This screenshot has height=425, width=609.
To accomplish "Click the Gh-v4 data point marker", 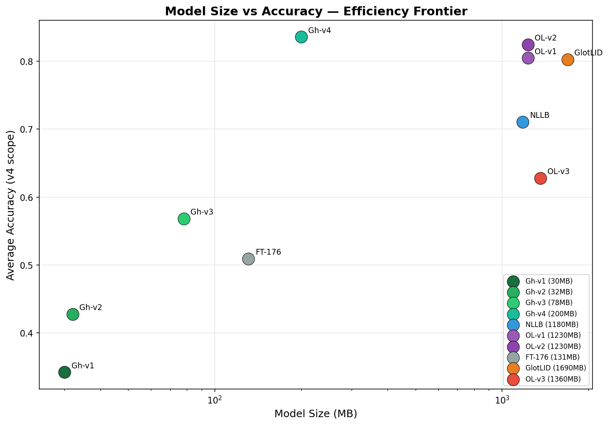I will [x=301, y=37].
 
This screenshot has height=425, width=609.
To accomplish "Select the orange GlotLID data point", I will [x=568, y=60].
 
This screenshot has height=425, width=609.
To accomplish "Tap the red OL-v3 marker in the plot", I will [x=540, y=178].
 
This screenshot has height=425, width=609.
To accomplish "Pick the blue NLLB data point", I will [x=523, y=122].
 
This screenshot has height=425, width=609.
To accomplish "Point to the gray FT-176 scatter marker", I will [x=248, y=259].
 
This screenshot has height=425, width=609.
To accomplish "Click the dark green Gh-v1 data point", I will [x=64, y=372].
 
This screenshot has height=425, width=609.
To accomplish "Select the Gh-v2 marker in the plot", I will [x=73, y=314].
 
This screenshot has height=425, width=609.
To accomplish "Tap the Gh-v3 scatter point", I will [x=184, y=219].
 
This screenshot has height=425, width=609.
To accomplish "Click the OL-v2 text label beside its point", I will [x=545, y=38].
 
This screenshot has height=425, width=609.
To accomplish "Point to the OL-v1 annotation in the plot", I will [x=545, y=52].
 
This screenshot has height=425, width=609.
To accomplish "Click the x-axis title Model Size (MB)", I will [x=316, y=414].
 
